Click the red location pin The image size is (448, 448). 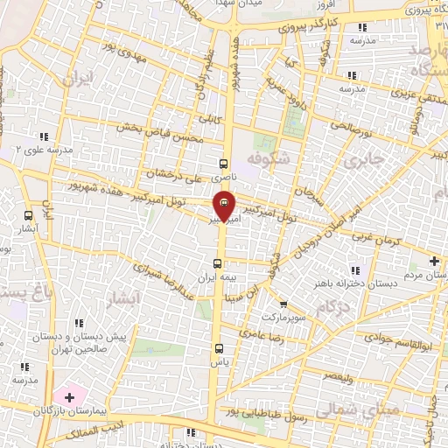[226, 206]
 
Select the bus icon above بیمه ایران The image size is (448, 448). [218, 263]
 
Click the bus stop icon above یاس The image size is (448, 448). [218, 348]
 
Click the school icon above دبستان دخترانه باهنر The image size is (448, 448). [354, 270]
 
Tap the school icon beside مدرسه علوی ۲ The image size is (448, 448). [45, 136]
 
